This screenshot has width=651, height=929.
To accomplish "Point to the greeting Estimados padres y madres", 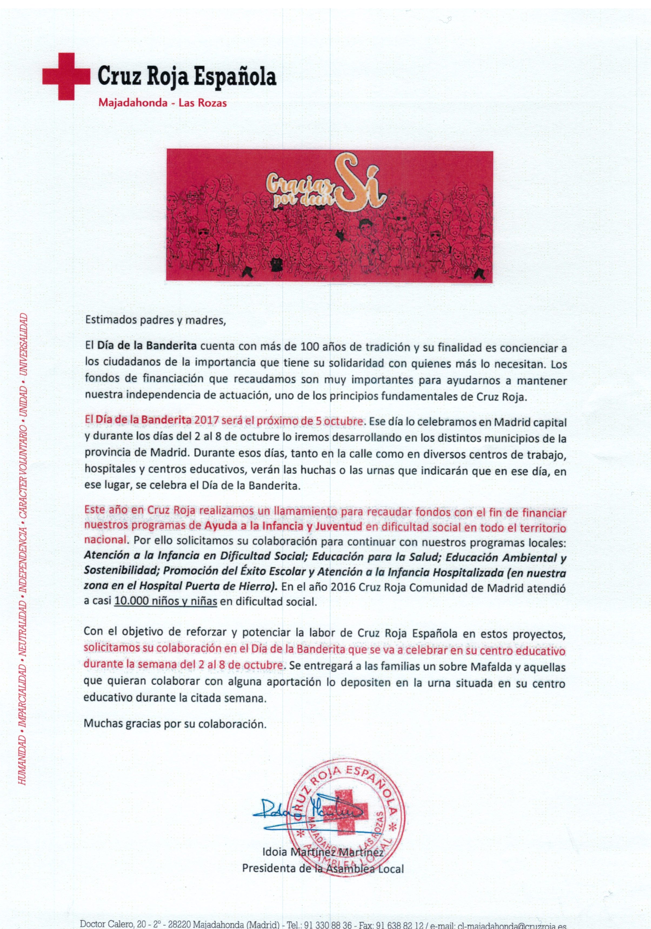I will coord(154,321).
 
